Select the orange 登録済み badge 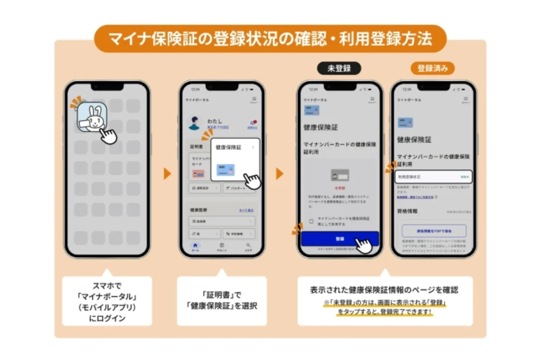pos(432,68)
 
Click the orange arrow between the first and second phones pos(167,174)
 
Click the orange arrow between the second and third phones pos(279,174)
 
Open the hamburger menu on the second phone pos(254,99)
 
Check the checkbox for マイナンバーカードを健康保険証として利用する pos(311,221)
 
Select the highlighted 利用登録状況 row pos(433,177)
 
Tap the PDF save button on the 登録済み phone pos(434,231)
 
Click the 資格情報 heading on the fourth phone pos(407,211)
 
